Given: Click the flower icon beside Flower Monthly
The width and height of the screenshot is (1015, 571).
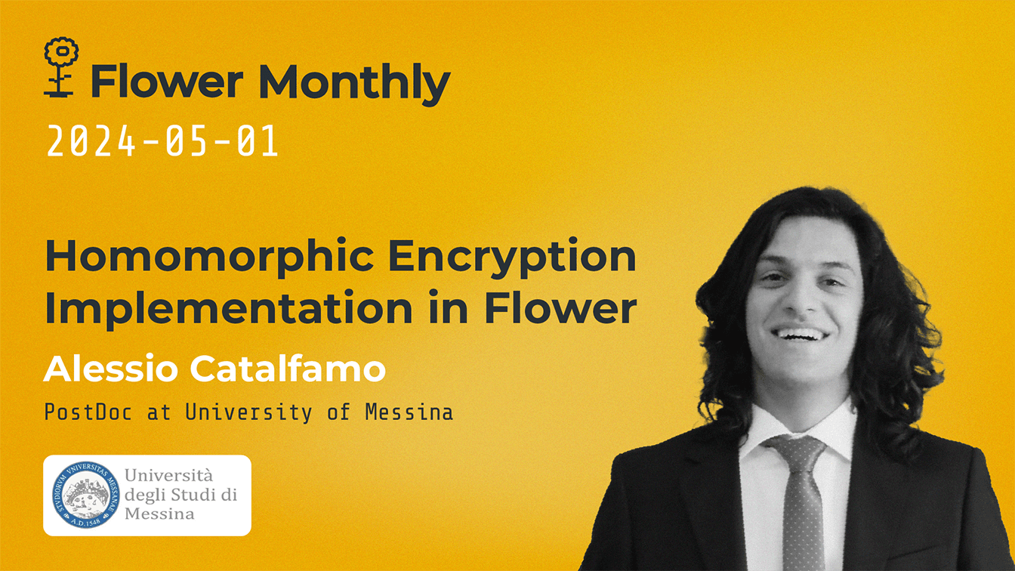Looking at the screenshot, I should [x=61, y=66].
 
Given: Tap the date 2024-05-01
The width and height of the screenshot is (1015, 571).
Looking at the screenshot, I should [x=162, y=141].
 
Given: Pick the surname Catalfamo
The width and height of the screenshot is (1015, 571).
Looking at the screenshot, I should [x=287, y=369].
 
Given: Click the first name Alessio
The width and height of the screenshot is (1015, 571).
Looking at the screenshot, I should [x=112, y=369].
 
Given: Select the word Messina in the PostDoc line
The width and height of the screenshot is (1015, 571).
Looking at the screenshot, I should [x=409, y=412].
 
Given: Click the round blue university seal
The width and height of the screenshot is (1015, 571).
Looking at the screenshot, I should [x=85, y=495].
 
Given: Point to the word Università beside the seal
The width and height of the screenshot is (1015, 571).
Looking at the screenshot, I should [x=168, y=476].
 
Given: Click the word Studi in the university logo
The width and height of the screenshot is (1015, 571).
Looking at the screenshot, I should [x=200, y=495].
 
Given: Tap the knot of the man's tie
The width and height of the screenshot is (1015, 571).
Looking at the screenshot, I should [x=796, y=454].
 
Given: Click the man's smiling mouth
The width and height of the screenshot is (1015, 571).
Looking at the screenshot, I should [x=801, y=333].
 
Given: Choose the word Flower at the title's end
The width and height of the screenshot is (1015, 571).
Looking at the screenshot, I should [x=560, y=308].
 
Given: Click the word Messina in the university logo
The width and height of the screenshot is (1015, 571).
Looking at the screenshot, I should [x=159, y=514].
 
